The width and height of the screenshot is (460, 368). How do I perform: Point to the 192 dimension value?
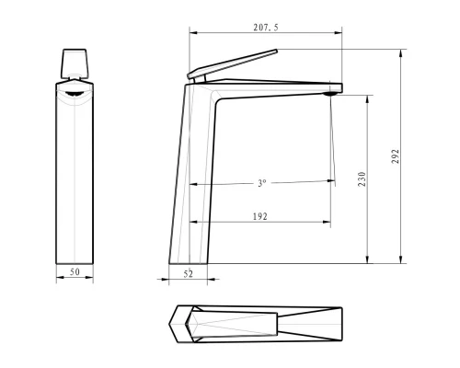coord(259,216)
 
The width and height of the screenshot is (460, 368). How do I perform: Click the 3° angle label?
coord(262,183)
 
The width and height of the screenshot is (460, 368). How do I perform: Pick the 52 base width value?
coord(189,273)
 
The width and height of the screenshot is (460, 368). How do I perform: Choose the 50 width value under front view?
coord(75,273)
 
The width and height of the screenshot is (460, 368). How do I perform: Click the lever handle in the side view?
coord(230,64)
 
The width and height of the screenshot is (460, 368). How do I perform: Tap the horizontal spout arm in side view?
coord(276,88)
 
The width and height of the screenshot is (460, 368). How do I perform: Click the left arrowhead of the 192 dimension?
coord(192,222)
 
